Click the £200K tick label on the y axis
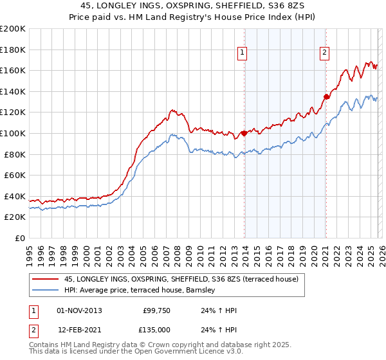[x=13, y=29]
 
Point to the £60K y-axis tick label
[x=15, y=175]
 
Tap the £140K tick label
[x=13, y=91]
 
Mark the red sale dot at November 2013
[x=244, y=134]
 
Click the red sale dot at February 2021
[x=326, y=96]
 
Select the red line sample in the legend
[x=45, y=280]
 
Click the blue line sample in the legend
[x=45, y=291]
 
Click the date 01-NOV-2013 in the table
[x=79, y=310]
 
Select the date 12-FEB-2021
[x=79, y=329]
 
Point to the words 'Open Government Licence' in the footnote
[x=183, y=352]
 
